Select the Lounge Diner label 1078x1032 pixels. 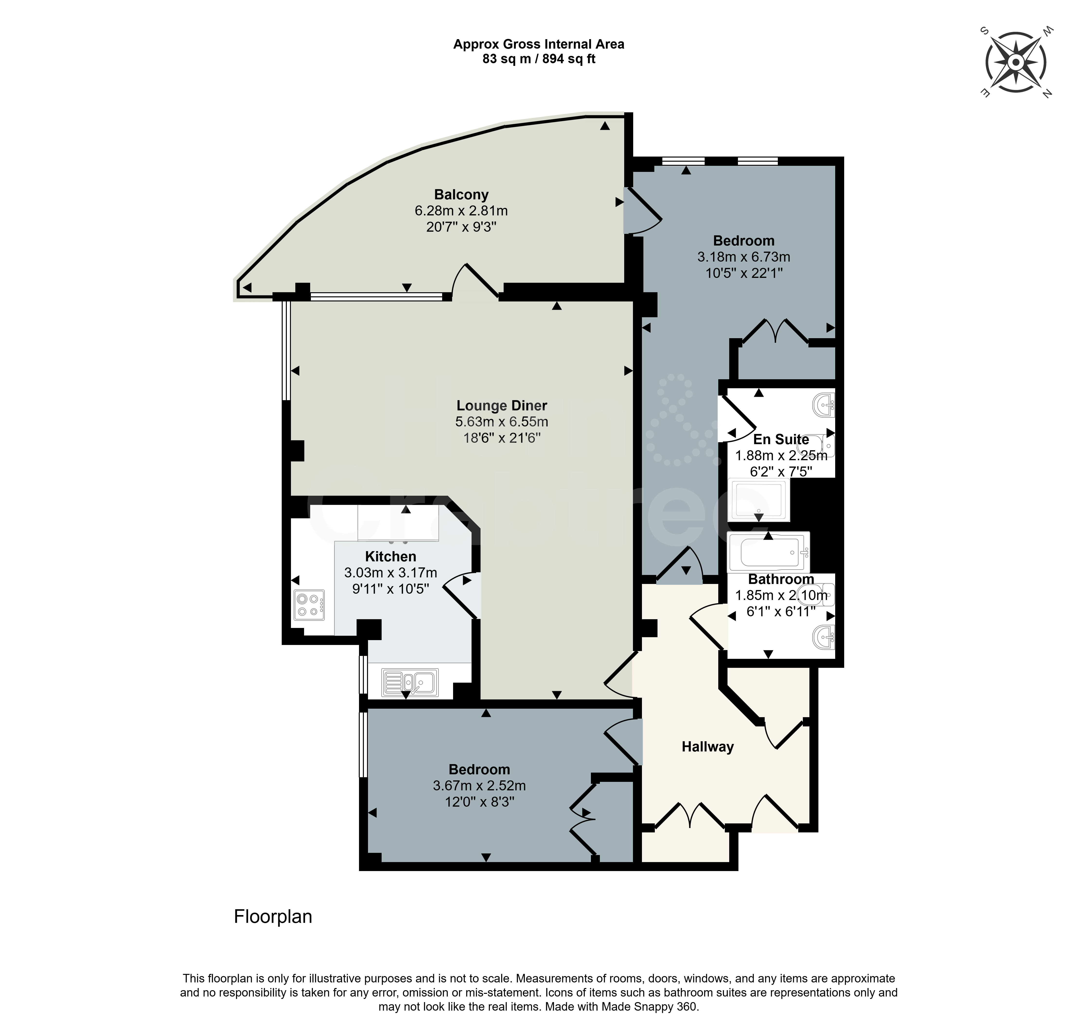[502, 406]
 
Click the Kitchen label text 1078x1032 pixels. [391, 557]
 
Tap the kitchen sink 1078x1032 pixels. [410, 683]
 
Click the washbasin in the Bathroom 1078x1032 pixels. [824, 638]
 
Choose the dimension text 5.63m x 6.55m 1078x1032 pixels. [502, 422]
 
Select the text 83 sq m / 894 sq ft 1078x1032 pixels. [539, 59]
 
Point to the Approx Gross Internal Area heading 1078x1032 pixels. [539, 44]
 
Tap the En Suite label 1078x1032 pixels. [781, 440]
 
